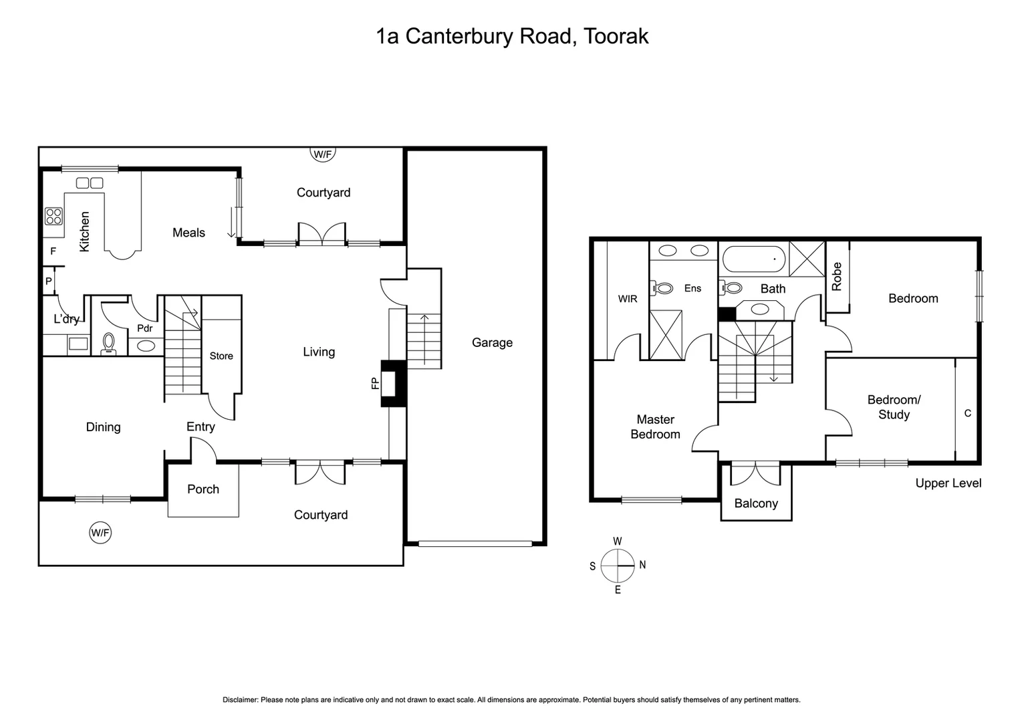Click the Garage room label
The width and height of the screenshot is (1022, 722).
(492, 343)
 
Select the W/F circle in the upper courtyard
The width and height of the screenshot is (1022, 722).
(323, 154)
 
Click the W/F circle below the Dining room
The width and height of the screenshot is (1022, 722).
(100, 533)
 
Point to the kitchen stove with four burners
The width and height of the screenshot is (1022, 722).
(53, 216)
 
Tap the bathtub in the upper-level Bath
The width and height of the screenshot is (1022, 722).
(753, 259)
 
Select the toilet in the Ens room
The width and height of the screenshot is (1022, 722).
(663, 289)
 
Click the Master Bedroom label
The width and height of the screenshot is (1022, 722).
(655, 427)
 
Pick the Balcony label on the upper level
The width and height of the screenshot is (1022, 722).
(756, 503)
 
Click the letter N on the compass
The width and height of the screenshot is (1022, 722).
(642, 565)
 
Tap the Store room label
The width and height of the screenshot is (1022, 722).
(221, 356)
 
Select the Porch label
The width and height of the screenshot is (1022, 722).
(203, 489)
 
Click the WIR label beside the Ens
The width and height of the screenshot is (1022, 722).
(627, 299)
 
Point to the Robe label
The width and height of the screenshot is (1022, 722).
(837, 276)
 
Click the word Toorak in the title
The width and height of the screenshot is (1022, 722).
(616, 36)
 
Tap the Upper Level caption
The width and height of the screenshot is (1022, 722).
(948, 483)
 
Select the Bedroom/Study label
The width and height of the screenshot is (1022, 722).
(894, 407)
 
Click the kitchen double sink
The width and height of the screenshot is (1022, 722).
(90, 183)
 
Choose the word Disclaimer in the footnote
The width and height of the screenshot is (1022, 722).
(240, 700)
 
